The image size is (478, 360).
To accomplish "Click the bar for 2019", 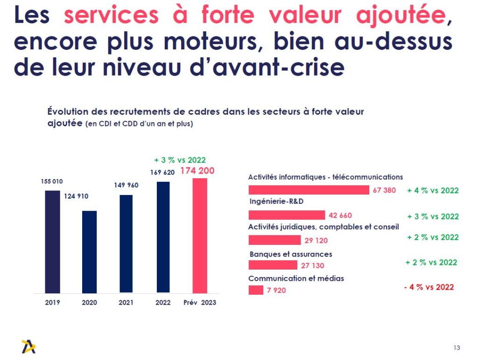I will point(53,242).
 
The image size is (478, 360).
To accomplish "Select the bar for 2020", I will point(89,252).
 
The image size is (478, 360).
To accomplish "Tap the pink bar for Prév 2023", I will point(199,235).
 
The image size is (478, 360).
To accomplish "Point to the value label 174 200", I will point(197,171).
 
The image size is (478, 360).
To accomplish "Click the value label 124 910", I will point(76,196).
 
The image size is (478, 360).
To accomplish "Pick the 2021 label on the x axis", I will point(126,303).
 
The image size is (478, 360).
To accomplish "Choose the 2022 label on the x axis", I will point(163,303).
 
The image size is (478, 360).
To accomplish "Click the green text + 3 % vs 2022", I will point(180,160).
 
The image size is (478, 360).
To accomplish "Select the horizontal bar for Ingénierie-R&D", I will point(287,215).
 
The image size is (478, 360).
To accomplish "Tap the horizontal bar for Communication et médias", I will point(256,290).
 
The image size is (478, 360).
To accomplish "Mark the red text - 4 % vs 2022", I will point(429,287).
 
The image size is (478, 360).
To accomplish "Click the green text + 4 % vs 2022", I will point(433,190).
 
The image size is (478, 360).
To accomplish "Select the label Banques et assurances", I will point(291,254).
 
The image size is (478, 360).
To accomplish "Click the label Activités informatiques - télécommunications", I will point(325,177).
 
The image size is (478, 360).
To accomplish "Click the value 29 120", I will point(316,241).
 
